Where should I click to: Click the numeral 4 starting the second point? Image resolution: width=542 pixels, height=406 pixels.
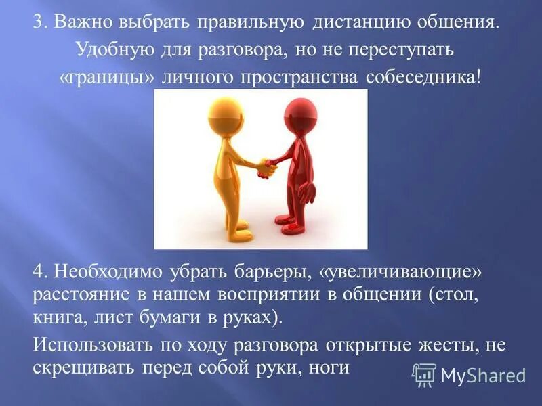[x=38, y=274]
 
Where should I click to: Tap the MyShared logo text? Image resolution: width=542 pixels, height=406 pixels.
[x=483, y=376]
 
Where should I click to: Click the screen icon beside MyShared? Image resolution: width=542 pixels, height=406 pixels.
[x=424, y=375]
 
